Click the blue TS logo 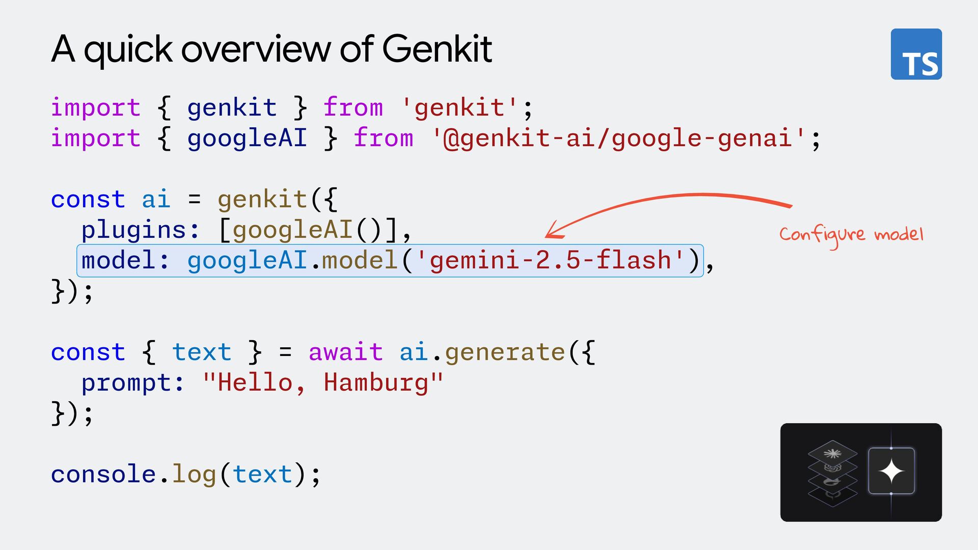click(x=916, y=54)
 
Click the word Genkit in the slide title click(x=437, y=49)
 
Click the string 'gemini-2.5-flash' click(x=550, y=260)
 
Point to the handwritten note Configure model click(x=851, y=235)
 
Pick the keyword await click(x=345, y=352)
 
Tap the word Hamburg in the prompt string click(x=376, y=382)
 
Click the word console click(x=103, y=474)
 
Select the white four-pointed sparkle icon click(x=891, y=471)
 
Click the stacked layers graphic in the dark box click(x=832, y=473)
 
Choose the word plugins click(x=133, y=230)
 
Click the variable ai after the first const click(x=155, y=199)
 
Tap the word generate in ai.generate click(x=504, y=352)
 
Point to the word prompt click(x=126, y=383)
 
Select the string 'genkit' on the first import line click(x=459, y=108)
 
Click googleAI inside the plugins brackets click(x=292, y=230)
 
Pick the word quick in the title click(x=128, y=50)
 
